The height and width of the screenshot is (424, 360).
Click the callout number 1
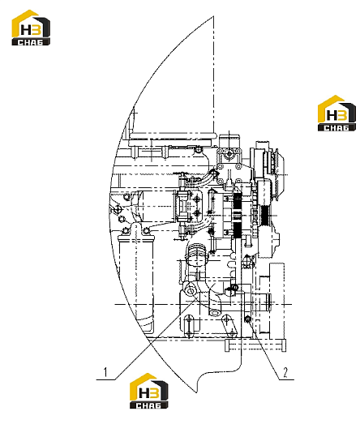point(105,372)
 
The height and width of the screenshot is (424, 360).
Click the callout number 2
point(285,372)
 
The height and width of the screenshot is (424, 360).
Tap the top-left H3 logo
point(31,28)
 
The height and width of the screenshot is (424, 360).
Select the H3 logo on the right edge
point(336,113)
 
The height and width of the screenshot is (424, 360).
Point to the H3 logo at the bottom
point(148,391)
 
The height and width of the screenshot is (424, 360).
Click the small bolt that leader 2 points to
point(247,319)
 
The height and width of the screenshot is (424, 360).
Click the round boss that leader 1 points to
point(190,292)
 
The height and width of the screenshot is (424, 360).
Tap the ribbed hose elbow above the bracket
point(196,254)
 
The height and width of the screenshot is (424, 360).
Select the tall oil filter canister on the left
point(136,281)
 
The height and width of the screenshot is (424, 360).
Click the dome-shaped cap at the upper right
point(276,164)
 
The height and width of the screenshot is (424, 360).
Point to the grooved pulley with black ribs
point(264,215)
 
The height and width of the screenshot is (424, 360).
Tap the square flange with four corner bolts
point(229,158)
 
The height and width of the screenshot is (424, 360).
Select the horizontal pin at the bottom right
point(255,345)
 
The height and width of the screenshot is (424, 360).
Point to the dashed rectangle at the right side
point(276,300)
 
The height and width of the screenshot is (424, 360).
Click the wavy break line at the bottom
point(219,376)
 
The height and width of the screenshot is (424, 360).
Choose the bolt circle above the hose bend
point(199,149)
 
